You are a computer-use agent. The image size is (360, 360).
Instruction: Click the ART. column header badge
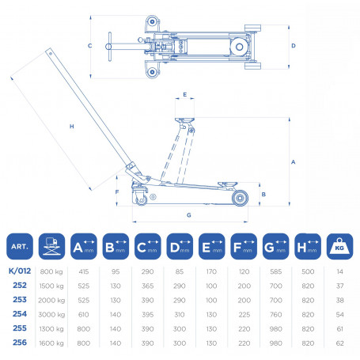tap(20, 246)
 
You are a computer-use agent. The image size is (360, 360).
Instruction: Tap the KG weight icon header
tap(339, 246)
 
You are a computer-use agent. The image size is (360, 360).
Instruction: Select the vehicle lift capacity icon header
tap(51, 246)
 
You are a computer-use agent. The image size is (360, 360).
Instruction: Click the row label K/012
tap(20, 271)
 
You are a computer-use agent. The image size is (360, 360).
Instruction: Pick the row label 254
tap(20, 314)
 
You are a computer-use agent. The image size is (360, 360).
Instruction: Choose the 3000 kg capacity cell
tap(51, 314)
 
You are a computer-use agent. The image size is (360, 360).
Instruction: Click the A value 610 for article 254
tap(84, 314)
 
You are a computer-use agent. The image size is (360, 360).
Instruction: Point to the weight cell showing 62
tap(340, 343)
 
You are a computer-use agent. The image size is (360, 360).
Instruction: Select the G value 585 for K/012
tap(276, 271)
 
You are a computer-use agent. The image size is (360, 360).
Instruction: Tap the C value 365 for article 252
tap(147, 286)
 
